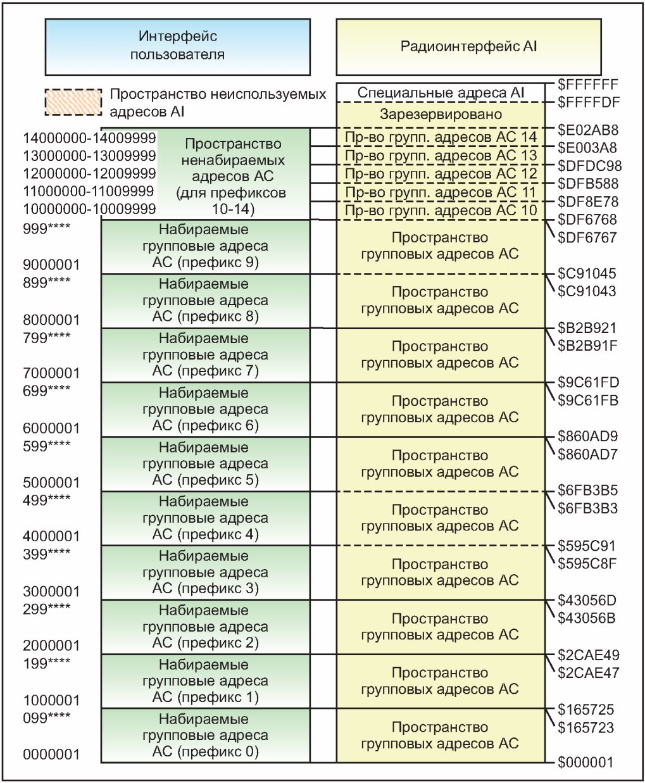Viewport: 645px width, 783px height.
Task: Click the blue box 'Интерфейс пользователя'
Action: coord(177,46)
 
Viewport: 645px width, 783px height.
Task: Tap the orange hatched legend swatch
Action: coord(73,102)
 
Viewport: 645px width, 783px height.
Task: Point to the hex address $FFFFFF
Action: coord(588,84)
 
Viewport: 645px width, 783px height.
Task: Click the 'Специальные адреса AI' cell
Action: coord(441,93)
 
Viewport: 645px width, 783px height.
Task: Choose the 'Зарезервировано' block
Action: coord(441,115)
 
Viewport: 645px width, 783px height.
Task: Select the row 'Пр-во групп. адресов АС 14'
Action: coord(441,137)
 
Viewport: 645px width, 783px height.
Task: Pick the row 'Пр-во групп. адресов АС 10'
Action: coord(441,211)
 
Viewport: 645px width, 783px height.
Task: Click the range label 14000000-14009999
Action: coord(89,138)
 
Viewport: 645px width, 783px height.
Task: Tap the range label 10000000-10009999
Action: coord(89,209)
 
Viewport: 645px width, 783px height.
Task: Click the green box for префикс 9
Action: coord(206,246)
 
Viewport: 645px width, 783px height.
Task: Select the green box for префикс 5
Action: coord(206,464)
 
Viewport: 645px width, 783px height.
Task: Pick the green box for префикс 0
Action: coord(206,736)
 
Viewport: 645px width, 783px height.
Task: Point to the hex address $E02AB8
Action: coord(588,130)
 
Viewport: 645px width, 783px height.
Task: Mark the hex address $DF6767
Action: coord(587,238)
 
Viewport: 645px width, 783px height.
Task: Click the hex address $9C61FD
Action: coord(588,382)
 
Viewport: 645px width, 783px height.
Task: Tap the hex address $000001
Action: coord(586,763)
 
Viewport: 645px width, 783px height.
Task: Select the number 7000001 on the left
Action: coord(51,373)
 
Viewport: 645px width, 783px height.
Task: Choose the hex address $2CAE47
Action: coord(588,673)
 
